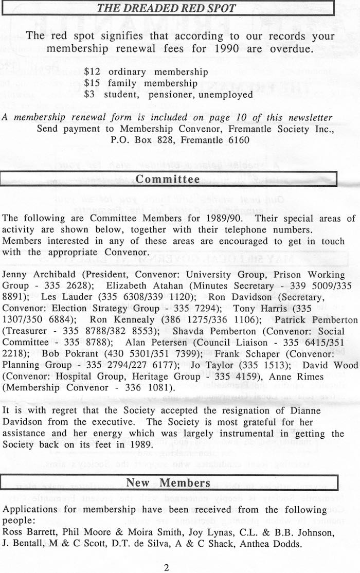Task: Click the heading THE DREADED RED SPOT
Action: coord(167,8)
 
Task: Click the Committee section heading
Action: coord(167,179)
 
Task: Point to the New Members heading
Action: coord(168,482)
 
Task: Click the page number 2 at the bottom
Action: coord(166,568)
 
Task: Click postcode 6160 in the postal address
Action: coord(238,140)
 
